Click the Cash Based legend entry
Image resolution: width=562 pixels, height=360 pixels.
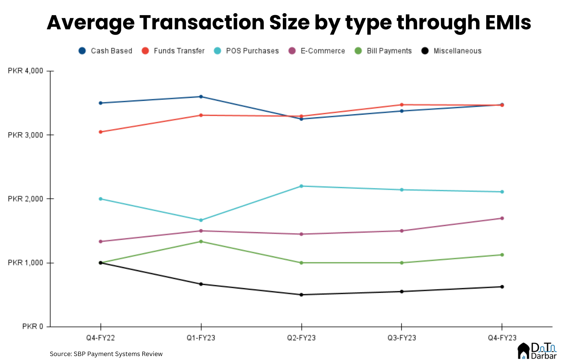(105, 51)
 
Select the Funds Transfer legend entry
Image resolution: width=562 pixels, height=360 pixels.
(173, 51)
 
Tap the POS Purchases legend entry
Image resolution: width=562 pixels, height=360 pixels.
(246, 51)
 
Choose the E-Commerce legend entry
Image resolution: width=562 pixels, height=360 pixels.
(317, 51)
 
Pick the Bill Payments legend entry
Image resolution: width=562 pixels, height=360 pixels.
(383, 51)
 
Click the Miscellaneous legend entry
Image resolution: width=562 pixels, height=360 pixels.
(451, 51)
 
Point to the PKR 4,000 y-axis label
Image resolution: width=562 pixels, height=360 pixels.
(25, 71)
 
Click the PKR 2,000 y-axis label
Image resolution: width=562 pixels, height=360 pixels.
(25, 199)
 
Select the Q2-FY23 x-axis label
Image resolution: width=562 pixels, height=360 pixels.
(301, 338)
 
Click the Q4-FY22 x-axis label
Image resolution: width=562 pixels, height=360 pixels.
(100, 338)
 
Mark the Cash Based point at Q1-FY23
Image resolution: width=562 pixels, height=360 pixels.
(201, 97)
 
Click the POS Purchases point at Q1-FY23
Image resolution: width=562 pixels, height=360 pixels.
(201, 220)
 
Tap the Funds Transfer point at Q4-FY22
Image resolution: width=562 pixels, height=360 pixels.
(100, 132)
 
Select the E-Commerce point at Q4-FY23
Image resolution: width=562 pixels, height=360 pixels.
(502, 218)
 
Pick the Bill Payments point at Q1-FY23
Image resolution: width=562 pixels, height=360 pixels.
(201, 241)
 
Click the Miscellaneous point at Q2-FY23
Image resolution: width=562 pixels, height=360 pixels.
(301, 294)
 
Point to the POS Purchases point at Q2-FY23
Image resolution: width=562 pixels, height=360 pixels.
(301, 186)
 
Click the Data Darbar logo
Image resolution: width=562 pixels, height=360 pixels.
(537, 351)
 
